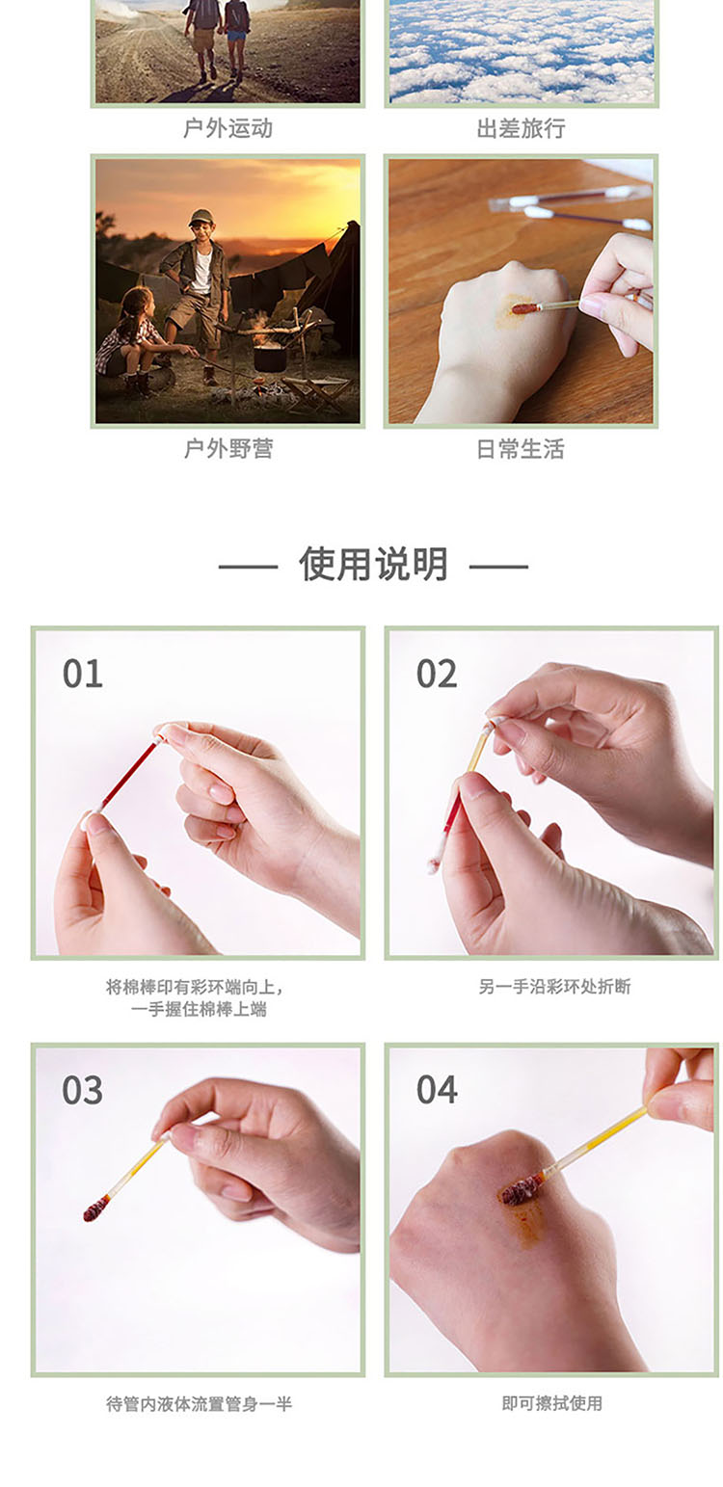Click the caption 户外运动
(228, 128)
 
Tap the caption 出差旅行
(522, 128)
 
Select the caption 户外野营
(228, 449)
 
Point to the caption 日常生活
(521, 449)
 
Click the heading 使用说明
(373, 565)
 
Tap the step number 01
(82, 674)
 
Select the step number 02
(436, 674)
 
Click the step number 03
(82, 1090)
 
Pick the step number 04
(436, 1090)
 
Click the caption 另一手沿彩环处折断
(554, 987)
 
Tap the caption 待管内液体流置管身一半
(200, 1403)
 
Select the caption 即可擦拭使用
(551, 1403)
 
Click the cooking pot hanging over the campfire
(270, 357)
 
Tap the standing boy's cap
(201, 218)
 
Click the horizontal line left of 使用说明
(248, 567)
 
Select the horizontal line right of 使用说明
(498, 567)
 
